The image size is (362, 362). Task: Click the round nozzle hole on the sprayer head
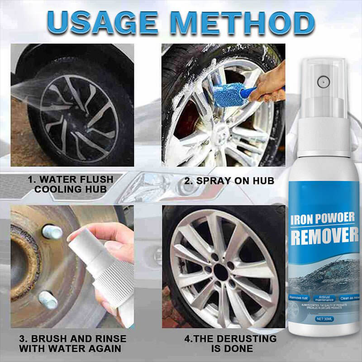323,82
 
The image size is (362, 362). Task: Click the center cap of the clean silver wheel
222,271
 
